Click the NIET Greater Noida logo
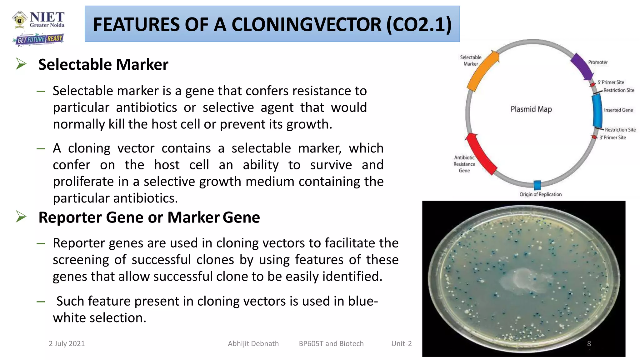(38, 19)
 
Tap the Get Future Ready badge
(39, 39)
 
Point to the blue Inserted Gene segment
(597, 110)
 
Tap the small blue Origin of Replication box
(537, 185)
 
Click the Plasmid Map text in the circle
(531, 109)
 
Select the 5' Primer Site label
(611, 82)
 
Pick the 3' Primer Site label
(612, 137)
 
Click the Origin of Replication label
(540, 194)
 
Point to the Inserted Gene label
(618, 110)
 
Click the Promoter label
(597, 62)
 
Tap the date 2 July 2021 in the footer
(67, 343)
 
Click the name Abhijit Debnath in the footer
(253, 343)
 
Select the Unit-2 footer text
(401, 343)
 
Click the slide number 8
(589, 343)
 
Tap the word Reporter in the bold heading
(70, 217)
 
